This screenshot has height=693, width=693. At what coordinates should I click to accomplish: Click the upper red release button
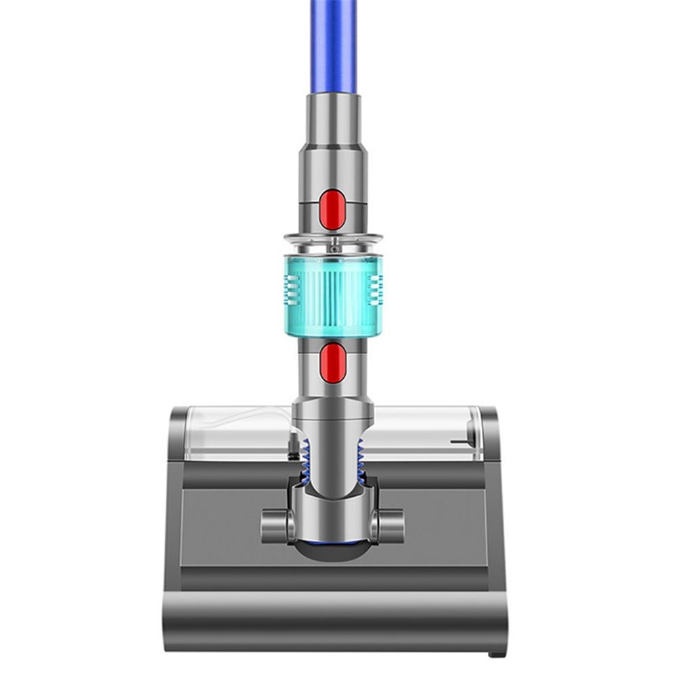[332, 209]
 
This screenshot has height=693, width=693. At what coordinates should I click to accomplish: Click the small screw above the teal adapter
[333, 249]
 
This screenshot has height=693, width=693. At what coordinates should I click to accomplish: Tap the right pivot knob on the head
[390, 524]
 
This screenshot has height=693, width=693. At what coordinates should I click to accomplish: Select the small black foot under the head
[497, 654]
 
